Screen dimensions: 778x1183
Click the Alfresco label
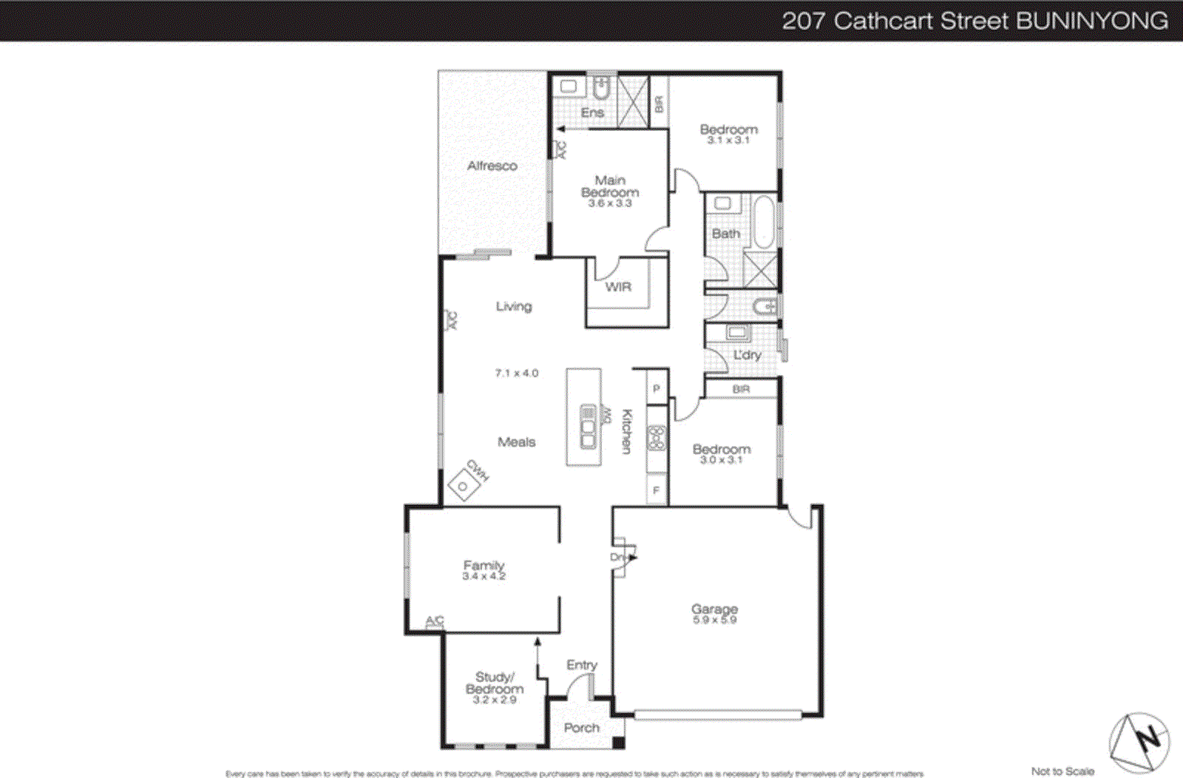492,166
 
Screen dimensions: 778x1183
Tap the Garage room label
714,609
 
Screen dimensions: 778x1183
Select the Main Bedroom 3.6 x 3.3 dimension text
610,203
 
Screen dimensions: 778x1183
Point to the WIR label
618,287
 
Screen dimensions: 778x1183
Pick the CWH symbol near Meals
464,485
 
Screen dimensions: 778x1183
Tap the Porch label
581,728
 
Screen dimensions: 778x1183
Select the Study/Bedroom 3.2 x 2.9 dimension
494,700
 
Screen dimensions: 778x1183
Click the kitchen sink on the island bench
588,426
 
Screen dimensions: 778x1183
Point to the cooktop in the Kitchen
656,438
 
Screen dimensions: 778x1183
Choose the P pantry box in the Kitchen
656,388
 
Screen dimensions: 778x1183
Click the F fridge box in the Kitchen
656,490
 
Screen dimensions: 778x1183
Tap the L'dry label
747,355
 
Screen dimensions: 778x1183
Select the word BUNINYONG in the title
1092,21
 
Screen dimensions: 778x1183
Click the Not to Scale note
1062,771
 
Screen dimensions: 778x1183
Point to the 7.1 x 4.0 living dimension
517,373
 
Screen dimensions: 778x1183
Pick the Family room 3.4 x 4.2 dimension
484,576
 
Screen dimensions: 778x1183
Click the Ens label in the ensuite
592,112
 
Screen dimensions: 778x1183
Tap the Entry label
581,665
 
